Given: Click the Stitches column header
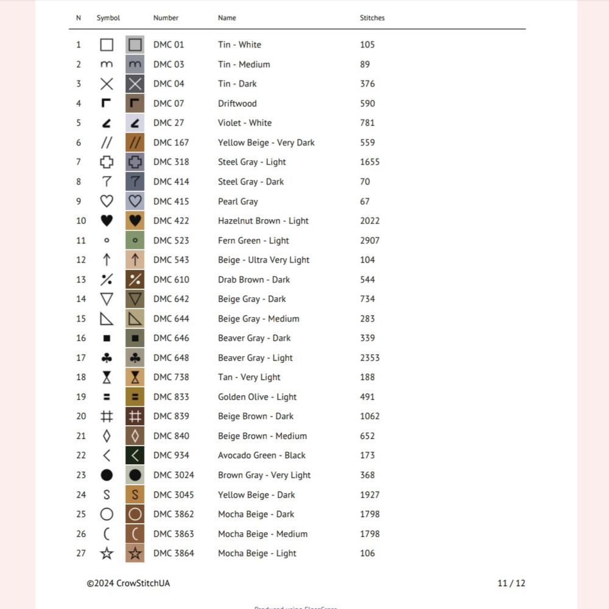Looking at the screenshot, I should (x=372, y=18).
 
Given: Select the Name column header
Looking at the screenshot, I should (x=227, y=18).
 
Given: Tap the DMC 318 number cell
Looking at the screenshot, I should (x=171, y=162).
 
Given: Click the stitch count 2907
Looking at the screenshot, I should (x=370, y=241).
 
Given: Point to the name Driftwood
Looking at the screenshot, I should (x=238, y=104).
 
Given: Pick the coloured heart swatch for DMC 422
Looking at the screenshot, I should (x=135, y=220).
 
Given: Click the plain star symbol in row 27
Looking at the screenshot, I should (x=107, y=553).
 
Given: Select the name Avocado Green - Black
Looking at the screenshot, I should (x=262, y=456).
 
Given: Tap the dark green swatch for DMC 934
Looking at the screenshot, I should (x=135, y=456).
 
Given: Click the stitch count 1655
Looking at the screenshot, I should (x=370, y=162).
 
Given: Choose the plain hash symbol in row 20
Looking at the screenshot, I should (x=107, y=417).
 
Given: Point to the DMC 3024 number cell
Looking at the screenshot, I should (x=174, y=475).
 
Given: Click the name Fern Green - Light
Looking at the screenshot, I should (x=253, y=241).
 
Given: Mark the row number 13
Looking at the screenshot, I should (x=81, y=280).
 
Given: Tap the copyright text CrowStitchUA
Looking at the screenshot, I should (x=128, y=583).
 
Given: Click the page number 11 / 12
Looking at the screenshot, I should (x=511, y=583).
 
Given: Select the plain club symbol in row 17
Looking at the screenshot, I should (x=107, y=357).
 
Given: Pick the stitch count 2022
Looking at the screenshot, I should (x=370, y=220).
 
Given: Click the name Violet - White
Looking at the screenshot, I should (x=245, y=123).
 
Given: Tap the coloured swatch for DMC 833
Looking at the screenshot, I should (x=135, y=396).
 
